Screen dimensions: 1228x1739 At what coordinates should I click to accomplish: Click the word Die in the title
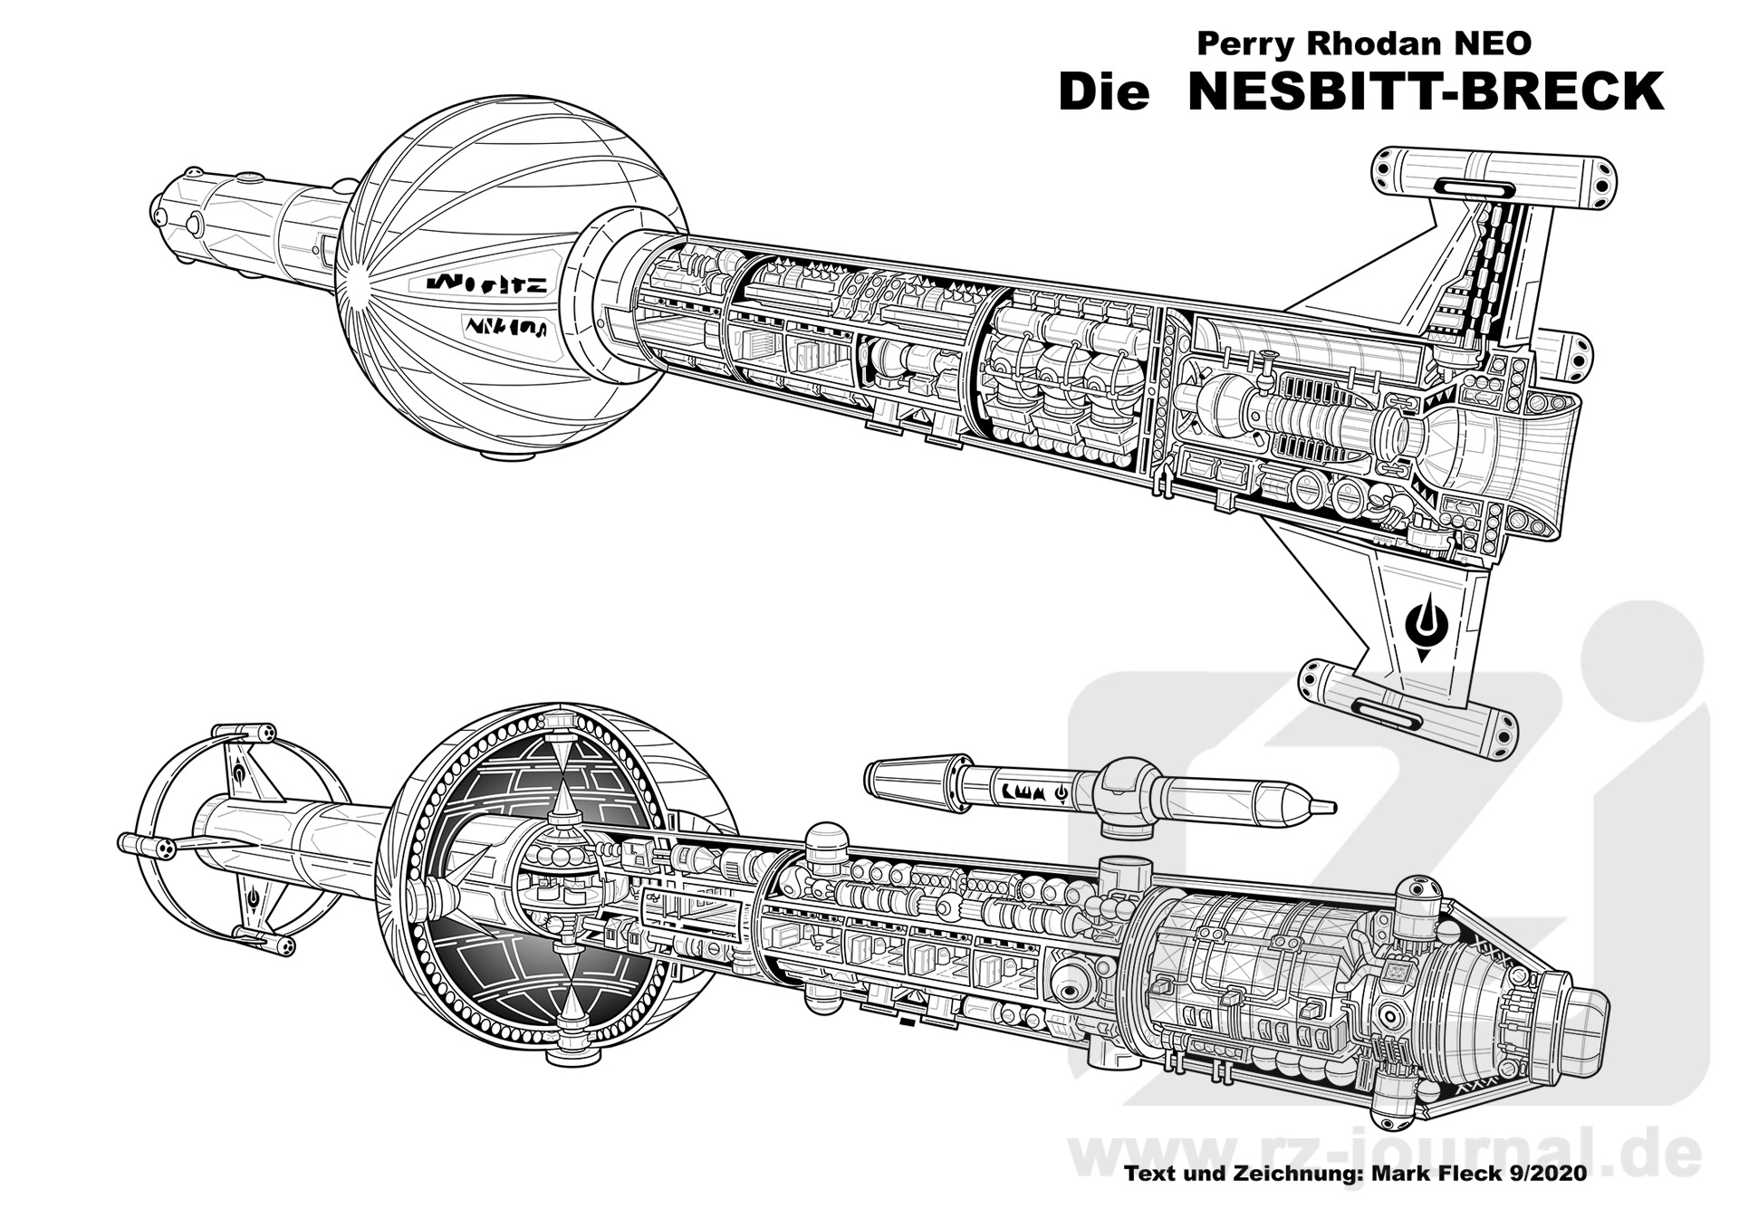click(1104, 92)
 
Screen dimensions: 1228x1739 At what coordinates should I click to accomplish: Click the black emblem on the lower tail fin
click(1426, 626)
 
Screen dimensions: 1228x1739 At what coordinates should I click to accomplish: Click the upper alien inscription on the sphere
click(489, 283)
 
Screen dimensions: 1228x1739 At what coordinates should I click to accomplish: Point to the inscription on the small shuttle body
click(1032, 790)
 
